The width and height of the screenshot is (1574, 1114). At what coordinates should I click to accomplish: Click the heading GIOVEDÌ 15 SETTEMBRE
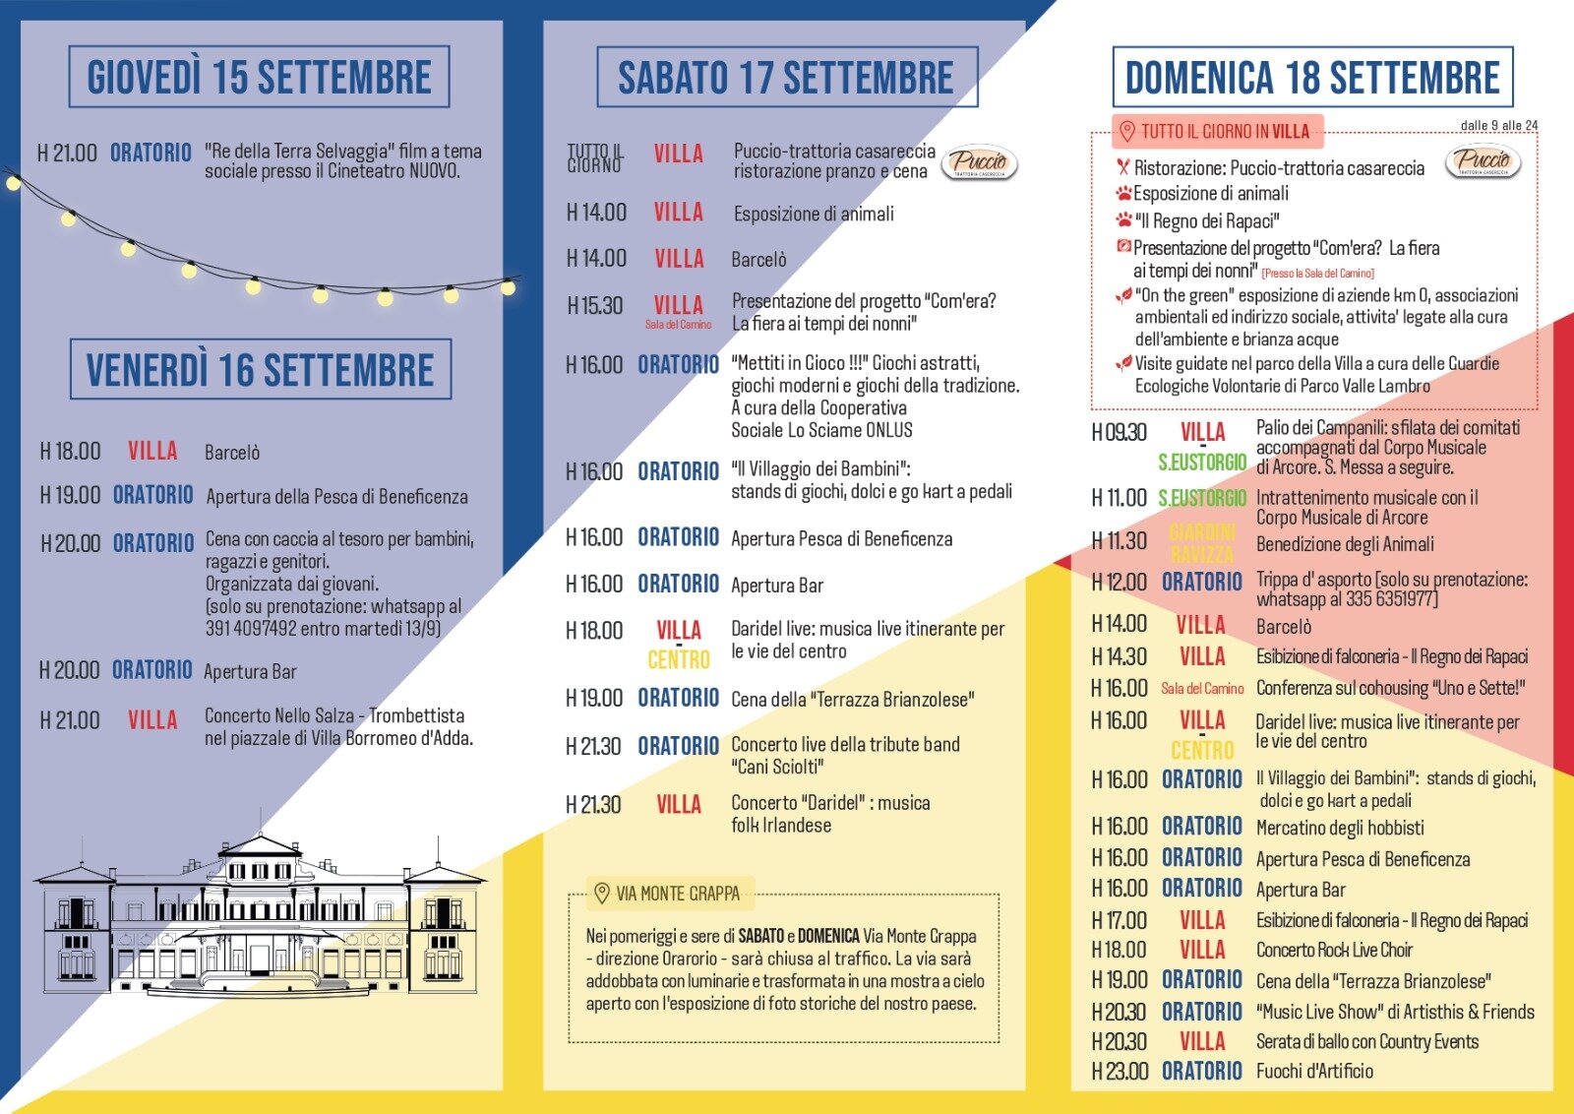point(259,77)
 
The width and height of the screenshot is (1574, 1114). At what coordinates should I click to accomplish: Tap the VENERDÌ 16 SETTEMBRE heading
point(260,370)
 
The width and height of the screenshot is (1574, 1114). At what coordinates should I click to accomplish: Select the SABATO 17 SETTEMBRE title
point(786,77)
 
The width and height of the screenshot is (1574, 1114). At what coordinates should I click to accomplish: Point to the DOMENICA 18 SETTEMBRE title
point(1312,77)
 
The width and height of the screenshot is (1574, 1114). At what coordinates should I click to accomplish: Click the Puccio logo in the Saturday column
point(980,162)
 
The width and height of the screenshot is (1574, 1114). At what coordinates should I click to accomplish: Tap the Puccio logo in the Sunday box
point(1483,161)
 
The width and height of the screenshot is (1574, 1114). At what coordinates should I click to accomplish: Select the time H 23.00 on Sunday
point(1120,1072)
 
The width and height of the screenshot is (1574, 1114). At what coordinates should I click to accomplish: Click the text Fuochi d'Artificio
point(1314,1072)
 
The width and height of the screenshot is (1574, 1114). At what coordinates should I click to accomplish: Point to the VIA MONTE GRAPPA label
point(678,894)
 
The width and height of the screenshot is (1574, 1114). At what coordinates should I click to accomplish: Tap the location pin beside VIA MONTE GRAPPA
point(602,894)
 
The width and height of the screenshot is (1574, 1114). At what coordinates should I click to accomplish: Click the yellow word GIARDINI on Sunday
point(1202,532)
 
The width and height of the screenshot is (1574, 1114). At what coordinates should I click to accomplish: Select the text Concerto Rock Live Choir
point(1334,950)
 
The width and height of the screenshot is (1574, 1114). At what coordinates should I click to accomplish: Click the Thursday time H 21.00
point(67,153)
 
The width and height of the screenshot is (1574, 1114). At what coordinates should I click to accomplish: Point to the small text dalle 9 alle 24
point(1499,125)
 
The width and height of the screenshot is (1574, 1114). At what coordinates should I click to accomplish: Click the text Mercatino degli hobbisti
point(1340,828)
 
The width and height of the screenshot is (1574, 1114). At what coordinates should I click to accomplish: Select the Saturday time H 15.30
point(595,305)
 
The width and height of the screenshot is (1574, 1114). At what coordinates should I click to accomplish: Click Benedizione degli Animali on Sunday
point(1345,544)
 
